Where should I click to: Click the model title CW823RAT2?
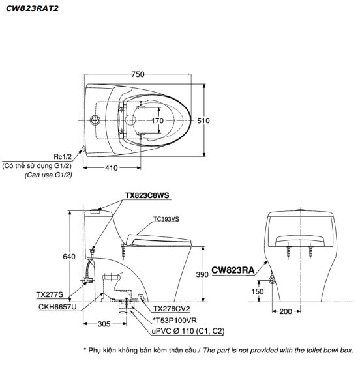[x=32, y=8]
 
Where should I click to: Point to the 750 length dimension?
[x=138, y=74]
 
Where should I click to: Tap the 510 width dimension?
[x=203, y=121]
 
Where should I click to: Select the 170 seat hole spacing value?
[x=158, y=121]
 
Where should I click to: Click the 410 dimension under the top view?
[x=112, y=168]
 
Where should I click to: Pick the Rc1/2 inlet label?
[x=63, y=156]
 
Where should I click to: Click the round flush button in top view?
[x=95, y=121]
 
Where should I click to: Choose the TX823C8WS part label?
[x=147, y=195]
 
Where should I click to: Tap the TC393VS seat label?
[x=166, y=219]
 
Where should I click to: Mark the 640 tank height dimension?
[x=69, y=257]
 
